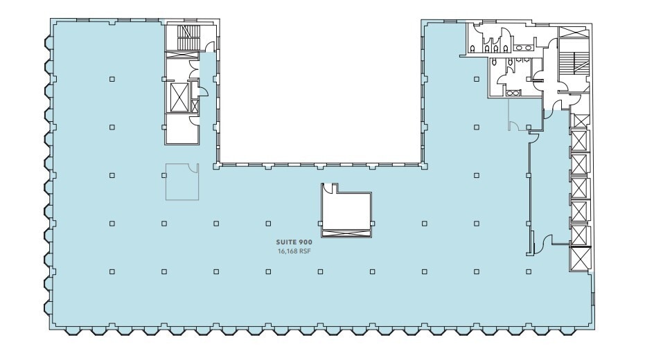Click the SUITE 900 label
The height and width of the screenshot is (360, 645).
click(295, 241)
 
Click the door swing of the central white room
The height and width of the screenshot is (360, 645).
click(333, 187)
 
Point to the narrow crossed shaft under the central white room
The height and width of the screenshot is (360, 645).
click(346, 234)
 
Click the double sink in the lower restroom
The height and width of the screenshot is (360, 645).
click(513, 93)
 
